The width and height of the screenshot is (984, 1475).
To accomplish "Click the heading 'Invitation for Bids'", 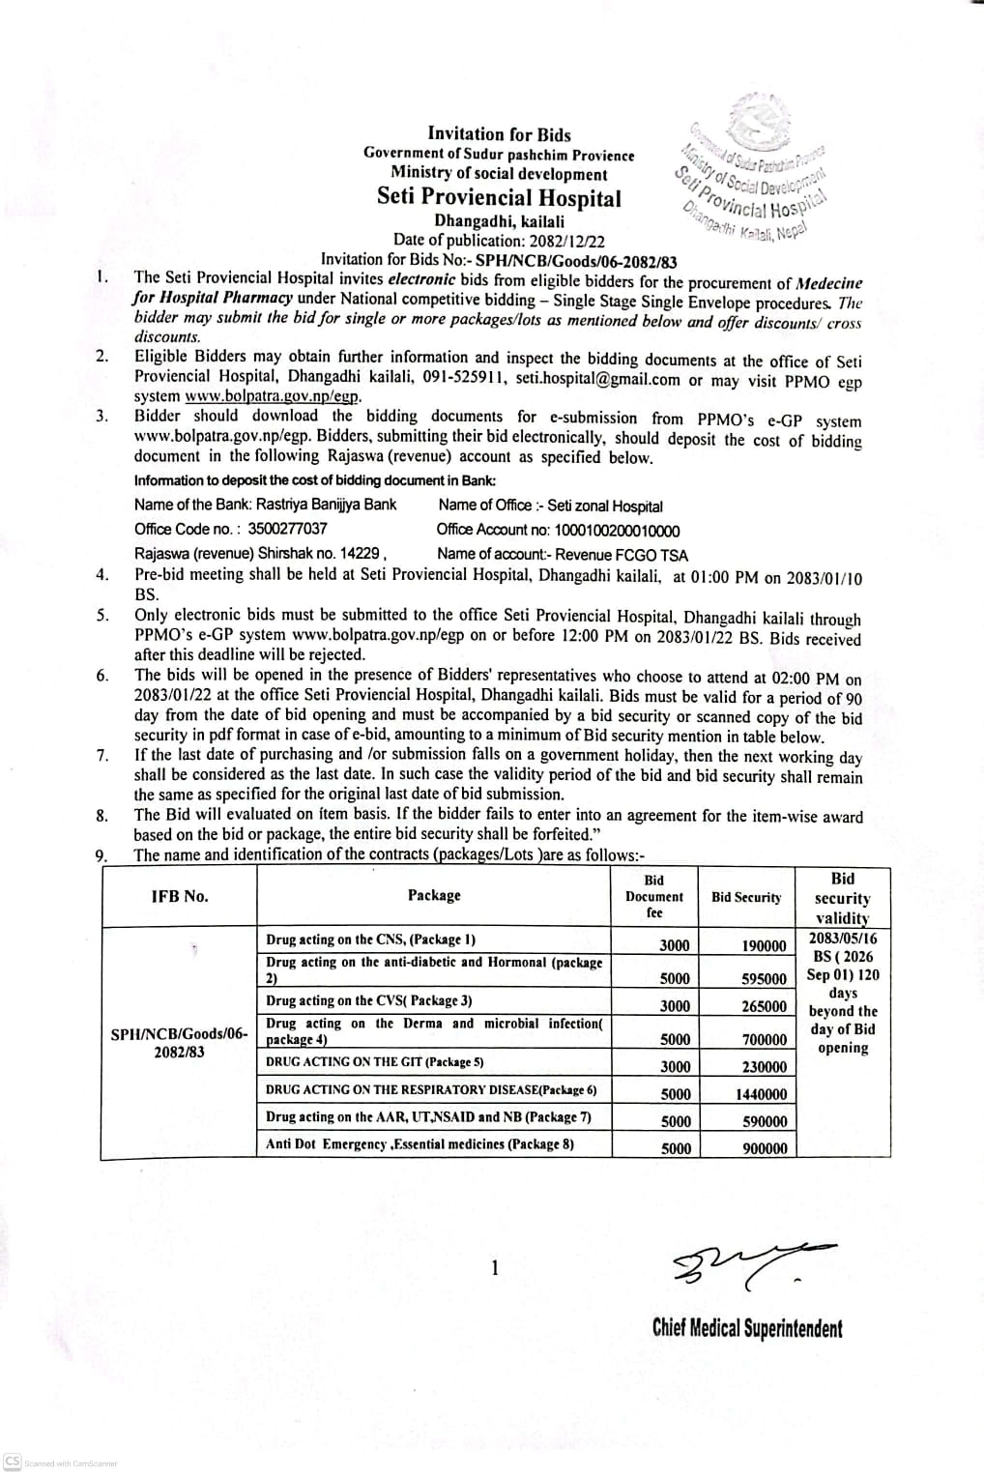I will click(x=499, y=134).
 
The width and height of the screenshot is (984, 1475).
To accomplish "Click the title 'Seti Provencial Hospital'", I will click(x=499, y=198).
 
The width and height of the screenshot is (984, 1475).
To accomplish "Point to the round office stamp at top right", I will click(x=754, y=169).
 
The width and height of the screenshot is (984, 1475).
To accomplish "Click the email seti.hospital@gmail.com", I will click(x=597, y=380).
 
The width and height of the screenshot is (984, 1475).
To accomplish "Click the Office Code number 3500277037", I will click(x=287, y=529).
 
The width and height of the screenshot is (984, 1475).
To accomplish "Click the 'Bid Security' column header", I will click(x=745, y=897).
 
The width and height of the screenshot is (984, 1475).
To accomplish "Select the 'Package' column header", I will click(x=434, y=896).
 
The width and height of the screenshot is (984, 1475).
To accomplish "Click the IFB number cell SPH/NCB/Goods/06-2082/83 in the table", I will click(x=179, y=1043).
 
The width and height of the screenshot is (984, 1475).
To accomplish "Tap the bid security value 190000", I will click(x=764, y=945).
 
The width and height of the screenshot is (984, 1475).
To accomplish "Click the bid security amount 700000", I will click(x=764, y=1039).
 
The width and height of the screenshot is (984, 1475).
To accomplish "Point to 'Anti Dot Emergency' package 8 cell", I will click(x=420, y=1144).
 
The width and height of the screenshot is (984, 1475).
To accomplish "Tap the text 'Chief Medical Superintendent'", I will click(x=746, y=1328).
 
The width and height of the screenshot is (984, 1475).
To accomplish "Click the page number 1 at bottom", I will click(x=495, y=1267).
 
